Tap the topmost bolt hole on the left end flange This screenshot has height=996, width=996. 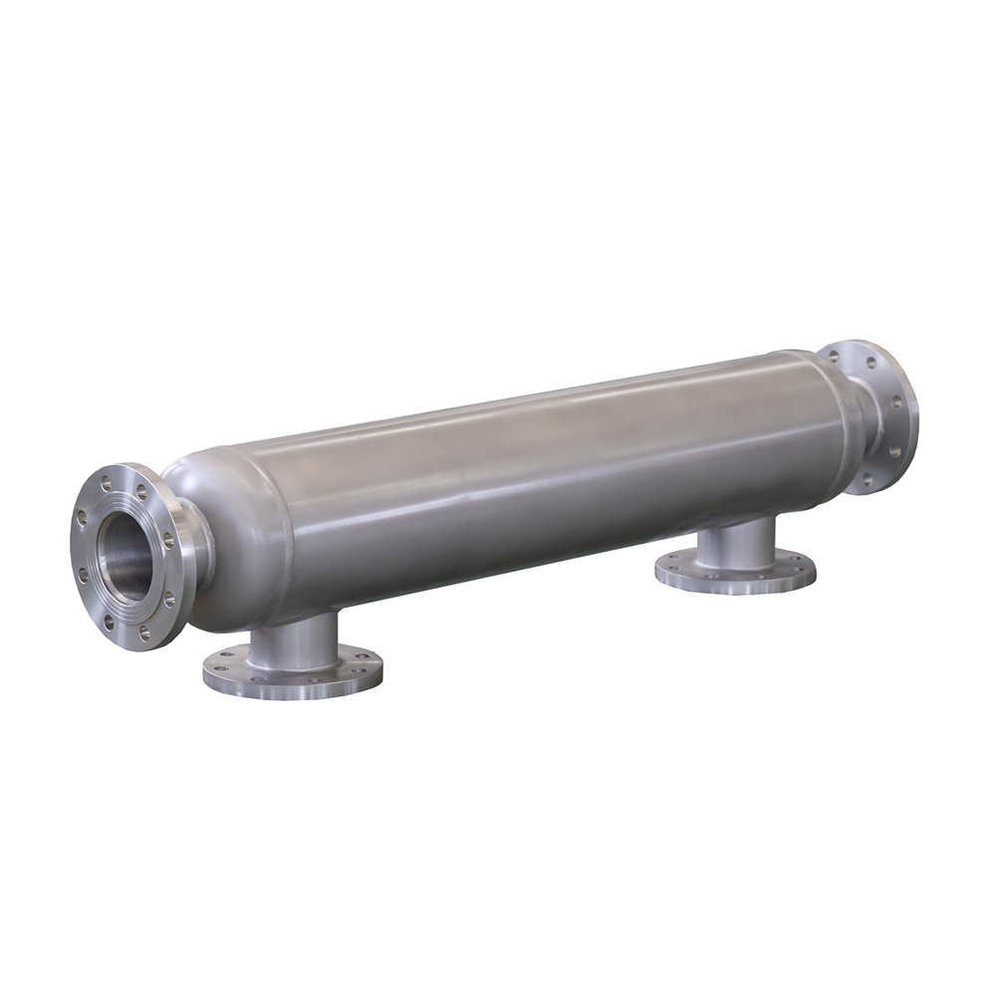pyautogui.click(x=107, y=483)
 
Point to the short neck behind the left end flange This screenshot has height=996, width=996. pyautogui.click(x=194, y=553)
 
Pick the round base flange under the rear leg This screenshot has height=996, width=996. pyautogui.click(x=735, y=575)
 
